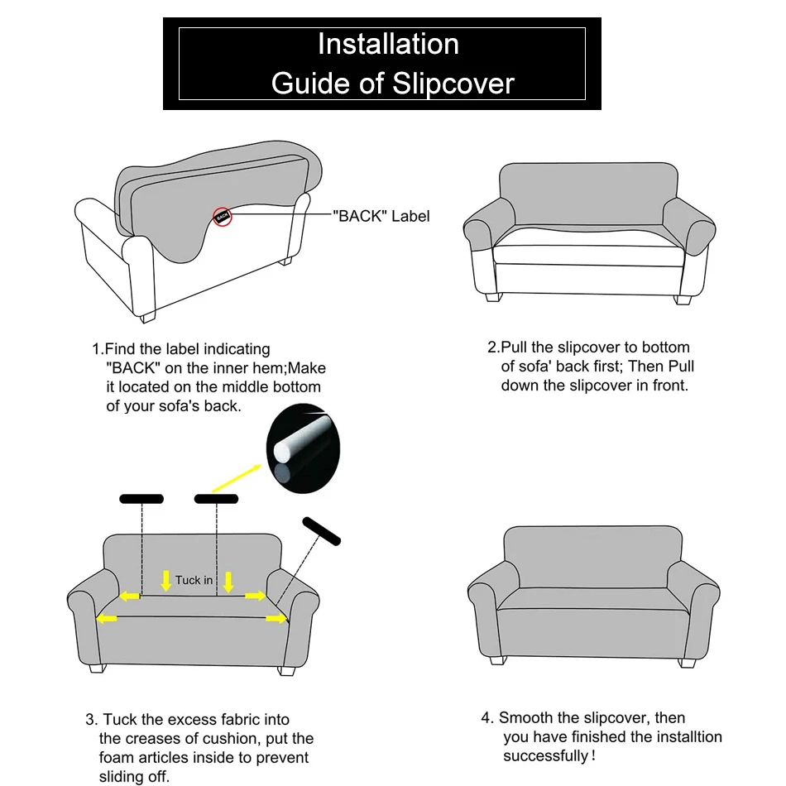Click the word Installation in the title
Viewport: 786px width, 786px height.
(388, 45)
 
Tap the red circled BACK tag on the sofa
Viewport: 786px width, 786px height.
(222, 217)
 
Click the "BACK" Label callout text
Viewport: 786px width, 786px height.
(381, 217)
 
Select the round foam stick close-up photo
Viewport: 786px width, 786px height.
(303, 451)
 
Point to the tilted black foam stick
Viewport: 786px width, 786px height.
(321, 530)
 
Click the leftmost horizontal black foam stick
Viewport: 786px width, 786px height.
(141, 499)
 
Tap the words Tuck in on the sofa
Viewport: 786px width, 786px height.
(194, 580)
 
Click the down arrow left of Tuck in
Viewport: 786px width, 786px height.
(165, 581)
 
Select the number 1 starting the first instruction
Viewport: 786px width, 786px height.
(95, 349)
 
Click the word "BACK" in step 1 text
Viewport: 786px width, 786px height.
(132, 368)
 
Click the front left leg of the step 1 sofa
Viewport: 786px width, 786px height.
(147, 317)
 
